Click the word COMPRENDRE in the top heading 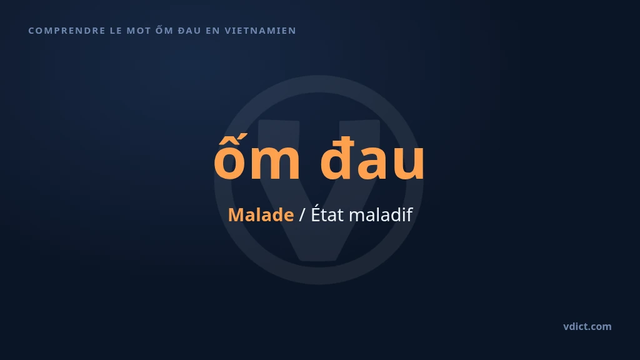[x=67, y=31]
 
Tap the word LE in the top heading [x=116, y=31]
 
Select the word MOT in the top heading [x=139, y=31]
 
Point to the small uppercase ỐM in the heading [x=164, y=30]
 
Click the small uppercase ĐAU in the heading [x=189, y=31]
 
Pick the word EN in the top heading [x=212, y=31]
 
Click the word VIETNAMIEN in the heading [x=261, y=31]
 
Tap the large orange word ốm [x=257, y=157]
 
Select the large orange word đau [x=372, y=157]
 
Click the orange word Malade [x=261, y=215]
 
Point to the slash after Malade [x=302, y=215]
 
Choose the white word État [x=327, y=214]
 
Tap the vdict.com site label [x=587, y=326]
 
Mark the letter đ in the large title [x=336, y=157]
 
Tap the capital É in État [x=316, y=213]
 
